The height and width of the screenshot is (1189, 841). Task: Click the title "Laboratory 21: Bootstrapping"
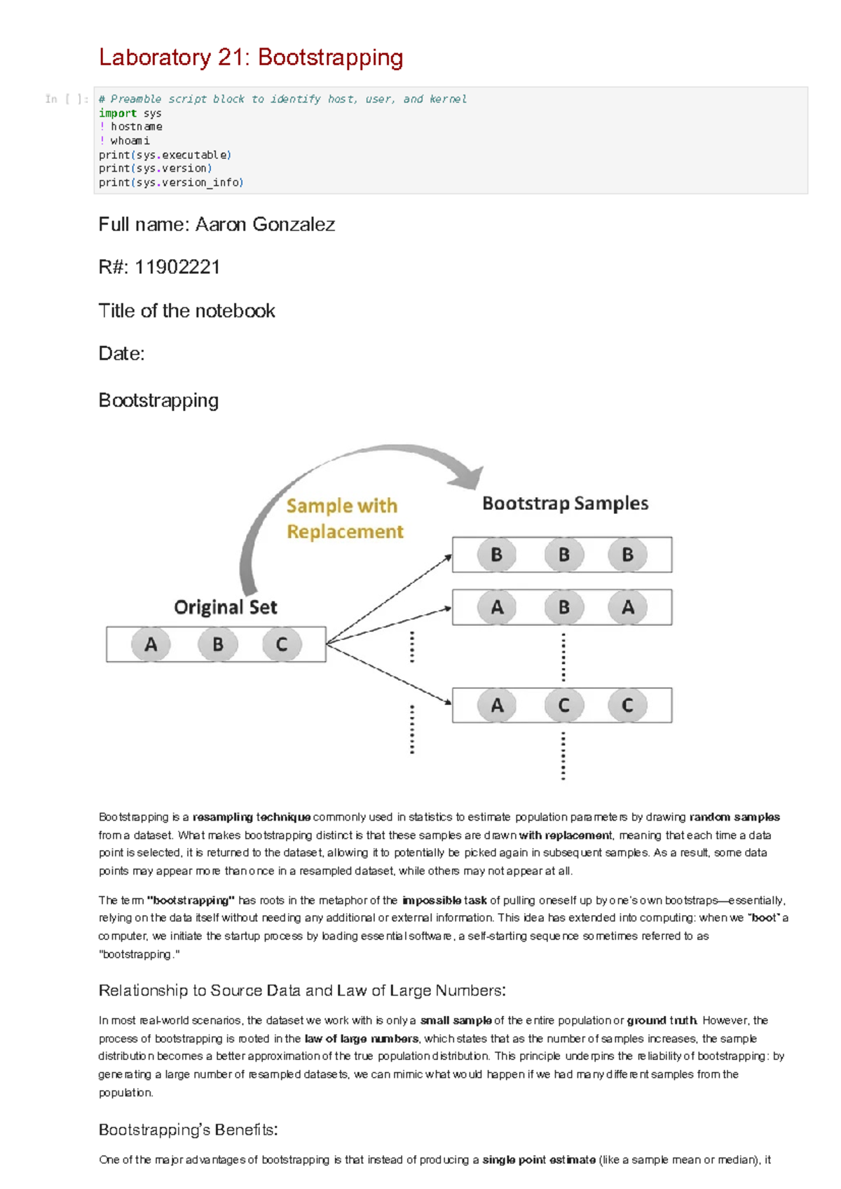(x=251, y=57)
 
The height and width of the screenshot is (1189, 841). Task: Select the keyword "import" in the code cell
(x=117, y=113)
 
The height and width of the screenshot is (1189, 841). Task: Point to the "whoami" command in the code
(x=130, y=141)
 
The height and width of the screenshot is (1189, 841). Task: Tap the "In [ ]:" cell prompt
(x=66, y=99)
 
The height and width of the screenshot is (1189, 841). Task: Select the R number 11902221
(x=177, y=267)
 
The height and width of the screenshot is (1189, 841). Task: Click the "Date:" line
(x=121, y=354)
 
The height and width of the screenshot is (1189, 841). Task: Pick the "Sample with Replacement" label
(x=343, y=519)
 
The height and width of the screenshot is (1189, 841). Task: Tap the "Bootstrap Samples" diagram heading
(x=565, y=503)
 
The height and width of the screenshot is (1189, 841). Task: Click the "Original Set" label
(x=225, y=607)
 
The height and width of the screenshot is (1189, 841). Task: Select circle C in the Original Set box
(x=282, y=644)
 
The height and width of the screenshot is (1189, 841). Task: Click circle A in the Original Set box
(x=151, y=644)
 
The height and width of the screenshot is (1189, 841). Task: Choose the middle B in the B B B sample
(x=563, y=555)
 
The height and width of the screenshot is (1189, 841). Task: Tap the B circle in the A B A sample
(x=563, y=607)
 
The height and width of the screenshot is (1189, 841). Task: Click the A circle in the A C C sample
(x=497, y=705)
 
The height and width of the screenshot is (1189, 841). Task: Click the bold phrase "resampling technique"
(x=252, y=817)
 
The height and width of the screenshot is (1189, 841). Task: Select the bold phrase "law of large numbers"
(x=361, y=1039)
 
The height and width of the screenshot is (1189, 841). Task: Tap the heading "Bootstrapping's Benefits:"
(x=188, y=1130)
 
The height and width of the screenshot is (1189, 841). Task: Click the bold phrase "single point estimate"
(x=539, y=1160)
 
